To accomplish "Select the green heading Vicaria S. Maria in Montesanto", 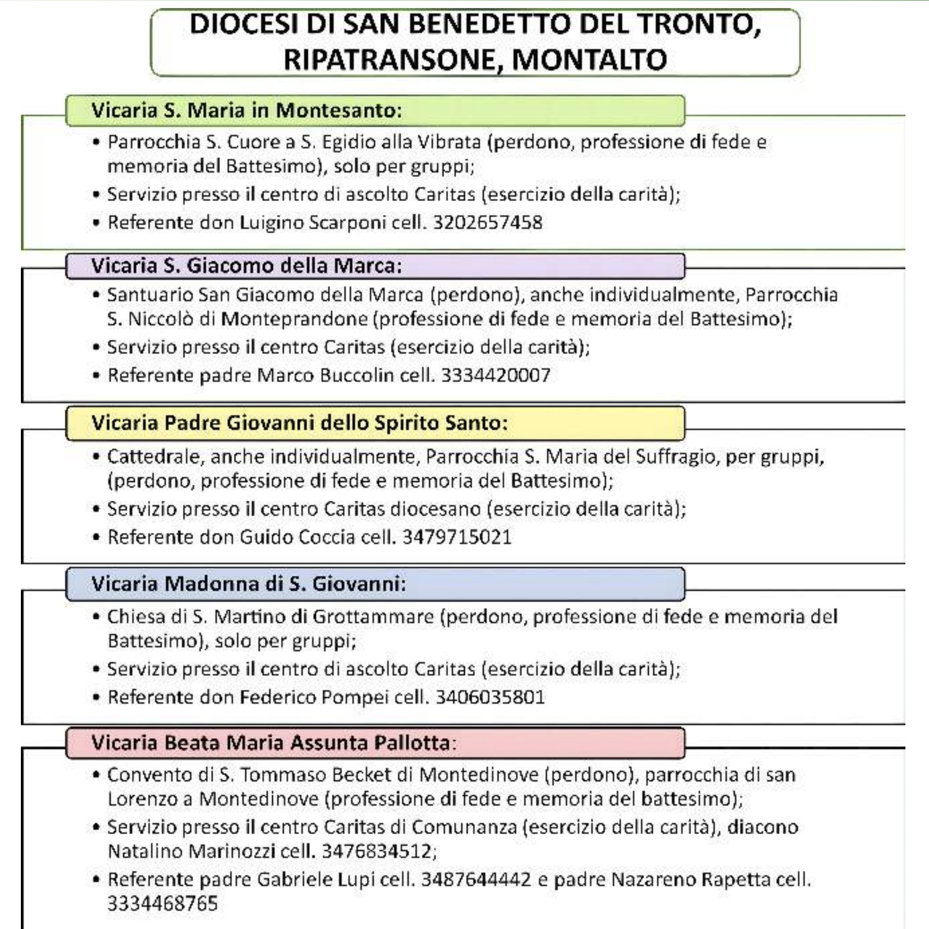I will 247,110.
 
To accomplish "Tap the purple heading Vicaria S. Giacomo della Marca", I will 247,266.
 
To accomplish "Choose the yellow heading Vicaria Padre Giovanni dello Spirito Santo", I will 299,423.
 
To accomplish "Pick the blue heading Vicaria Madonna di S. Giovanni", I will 249,584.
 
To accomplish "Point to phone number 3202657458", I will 488,222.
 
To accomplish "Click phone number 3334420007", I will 496,375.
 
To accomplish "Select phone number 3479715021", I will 457,537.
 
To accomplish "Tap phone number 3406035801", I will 490,697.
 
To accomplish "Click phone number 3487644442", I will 476,880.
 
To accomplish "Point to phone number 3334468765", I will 163,904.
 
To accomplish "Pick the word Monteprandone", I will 294,319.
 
